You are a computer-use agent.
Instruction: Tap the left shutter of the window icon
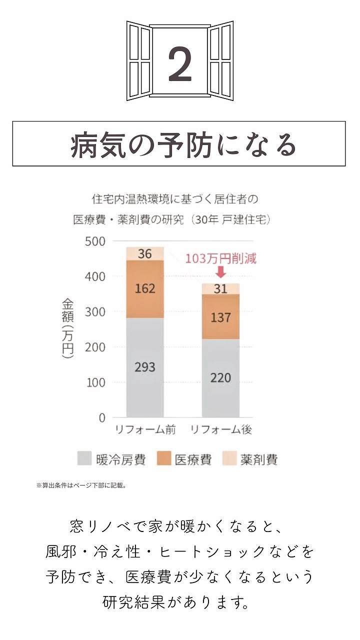point(139,61)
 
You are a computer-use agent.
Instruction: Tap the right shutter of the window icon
point(220,61)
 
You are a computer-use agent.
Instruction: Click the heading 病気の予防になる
point(179,144)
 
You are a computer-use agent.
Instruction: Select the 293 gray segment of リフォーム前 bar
point(145,367)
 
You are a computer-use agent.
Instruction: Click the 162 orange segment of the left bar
point(145,288)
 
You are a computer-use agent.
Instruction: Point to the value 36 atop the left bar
point(145,254)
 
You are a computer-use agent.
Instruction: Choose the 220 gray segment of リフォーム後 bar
point(220,377)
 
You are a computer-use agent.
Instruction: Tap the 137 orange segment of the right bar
point(220,317)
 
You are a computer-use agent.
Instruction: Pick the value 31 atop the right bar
point(220,289)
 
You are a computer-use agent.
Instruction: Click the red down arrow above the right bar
point(220,272)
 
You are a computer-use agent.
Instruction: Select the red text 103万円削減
point(220,259)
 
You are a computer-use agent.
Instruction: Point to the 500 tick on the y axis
point(95,241)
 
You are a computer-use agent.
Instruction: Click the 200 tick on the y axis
point(95,347)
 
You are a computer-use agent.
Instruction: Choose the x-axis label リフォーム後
point(221,429)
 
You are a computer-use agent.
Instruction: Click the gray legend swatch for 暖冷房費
point(84,459)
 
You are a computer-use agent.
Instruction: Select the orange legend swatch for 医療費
point(164,459)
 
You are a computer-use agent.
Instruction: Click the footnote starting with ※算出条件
point(80,485)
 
